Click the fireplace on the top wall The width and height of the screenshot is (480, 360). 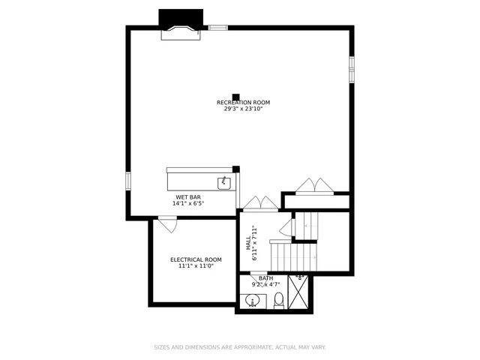(x=181, y=27)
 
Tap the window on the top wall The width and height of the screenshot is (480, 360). (x=217, y=28)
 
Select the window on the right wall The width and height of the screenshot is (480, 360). (x=351, y=69)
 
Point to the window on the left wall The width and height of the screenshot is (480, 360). (x=128, y=181)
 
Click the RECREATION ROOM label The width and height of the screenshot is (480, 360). (x=243, y=103)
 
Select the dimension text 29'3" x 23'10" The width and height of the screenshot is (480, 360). (x=243, y=109)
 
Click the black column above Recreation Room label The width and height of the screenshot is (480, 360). (x=235, y=97)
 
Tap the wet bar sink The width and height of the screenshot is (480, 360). (x=223, y=182)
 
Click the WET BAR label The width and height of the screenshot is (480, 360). (x=188, y=197)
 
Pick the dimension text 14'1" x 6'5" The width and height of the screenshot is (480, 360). (x=188, y=203)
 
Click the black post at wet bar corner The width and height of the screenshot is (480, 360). (x=235, y=169)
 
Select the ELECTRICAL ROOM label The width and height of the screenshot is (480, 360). (x=196, y=259)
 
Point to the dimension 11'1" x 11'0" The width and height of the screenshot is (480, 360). (x=196, y=265)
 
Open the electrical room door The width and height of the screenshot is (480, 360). (x=166, y=222)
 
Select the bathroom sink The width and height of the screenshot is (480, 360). (x=252, y=302)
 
